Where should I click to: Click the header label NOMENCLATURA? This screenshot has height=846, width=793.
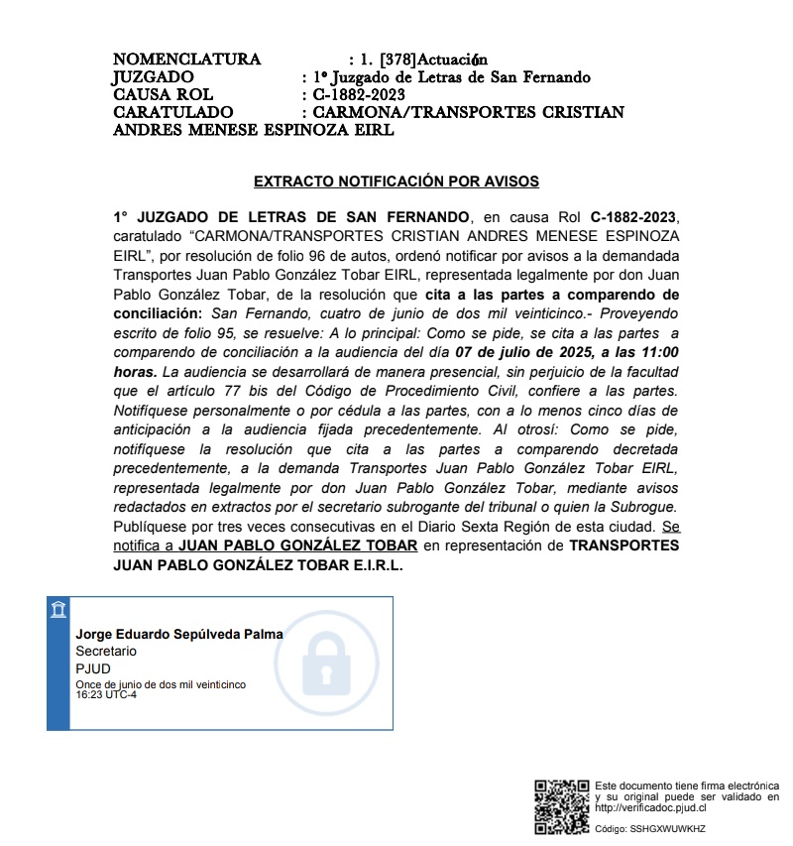(186, 60)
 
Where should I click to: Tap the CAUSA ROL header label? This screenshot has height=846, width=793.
(164, 95)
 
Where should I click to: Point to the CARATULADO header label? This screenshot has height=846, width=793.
(173, 113)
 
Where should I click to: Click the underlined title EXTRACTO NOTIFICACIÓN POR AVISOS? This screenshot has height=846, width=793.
(396, 181)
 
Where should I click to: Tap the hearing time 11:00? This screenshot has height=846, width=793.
(659, 352)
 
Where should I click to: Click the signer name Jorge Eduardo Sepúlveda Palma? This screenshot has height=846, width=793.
(179, 634)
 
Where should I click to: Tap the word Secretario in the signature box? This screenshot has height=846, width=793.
(106, 652)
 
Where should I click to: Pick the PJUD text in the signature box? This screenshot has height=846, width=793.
(92, 668)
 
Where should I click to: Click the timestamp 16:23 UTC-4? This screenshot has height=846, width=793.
(106, 694)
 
